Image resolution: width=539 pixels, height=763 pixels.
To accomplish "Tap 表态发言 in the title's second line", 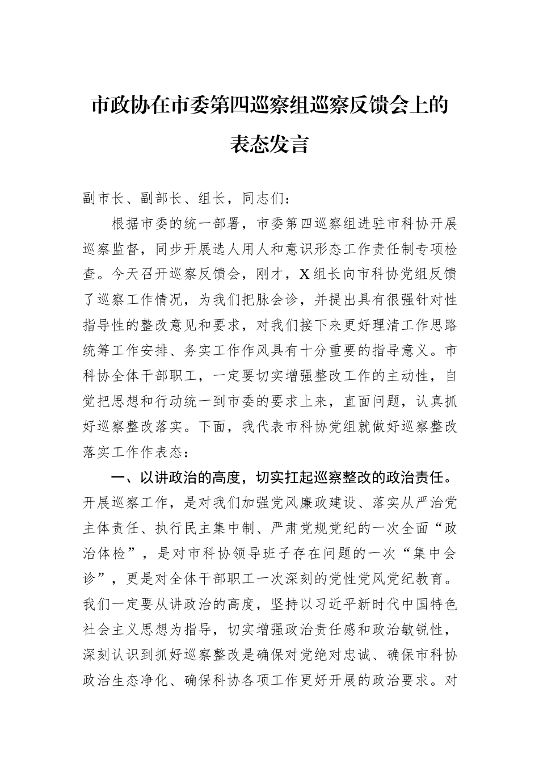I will (x=269, y=144).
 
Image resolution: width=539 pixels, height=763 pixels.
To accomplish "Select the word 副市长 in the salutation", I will (x=103, y=199).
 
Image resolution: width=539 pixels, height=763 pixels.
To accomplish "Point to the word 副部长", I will (x=161, y=199).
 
